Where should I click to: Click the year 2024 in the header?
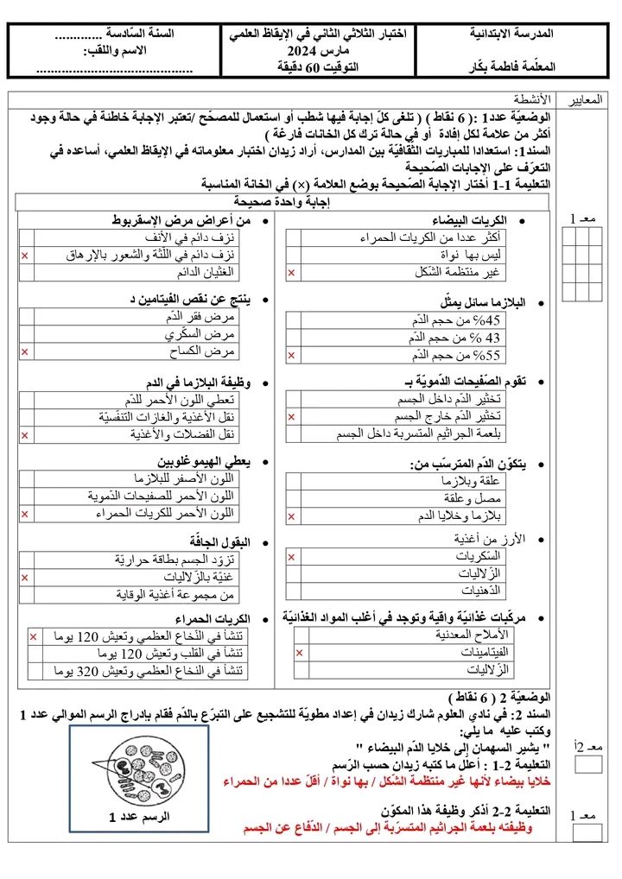coord(303,50)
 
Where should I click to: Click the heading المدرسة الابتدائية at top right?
coord(512,34)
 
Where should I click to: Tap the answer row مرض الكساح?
coord(213,351)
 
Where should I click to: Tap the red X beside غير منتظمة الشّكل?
coord(292,273)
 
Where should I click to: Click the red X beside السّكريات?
coord(292,557)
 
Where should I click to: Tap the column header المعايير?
coord(587,99)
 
